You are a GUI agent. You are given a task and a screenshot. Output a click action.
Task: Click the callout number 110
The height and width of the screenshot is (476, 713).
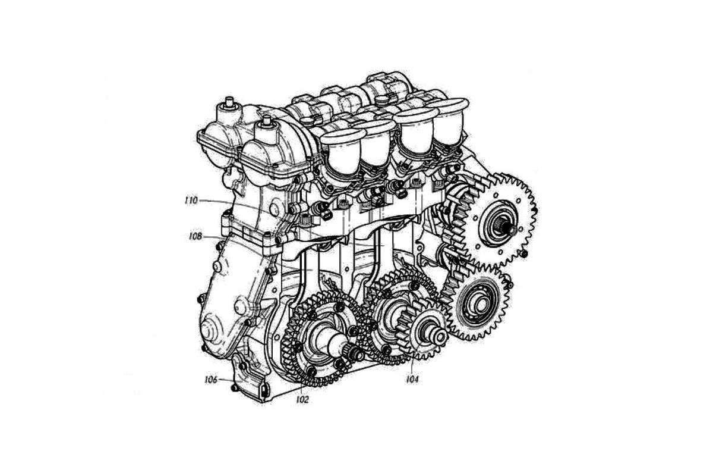[x=191, y=201]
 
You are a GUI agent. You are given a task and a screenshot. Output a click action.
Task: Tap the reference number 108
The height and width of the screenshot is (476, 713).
[x=195, y=236]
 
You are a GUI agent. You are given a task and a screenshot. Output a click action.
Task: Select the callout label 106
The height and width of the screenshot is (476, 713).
[x=211, y=380]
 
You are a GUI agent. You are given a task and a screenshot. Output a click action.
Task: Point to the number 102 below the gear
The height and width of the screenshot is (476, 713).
[x=302, y=399]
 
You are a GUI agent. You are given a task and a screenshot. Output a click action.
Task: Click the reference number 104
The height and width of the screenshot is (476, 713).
[x=412, y=379]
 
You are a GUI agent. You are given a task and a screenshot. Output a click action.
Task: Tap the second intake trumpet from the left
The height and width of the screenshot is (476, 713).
[x=376, y=144]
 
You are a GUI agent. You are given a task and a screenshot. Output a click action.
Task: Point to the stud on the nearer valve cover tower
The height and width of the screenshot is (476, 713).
[x=266, y=122]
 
